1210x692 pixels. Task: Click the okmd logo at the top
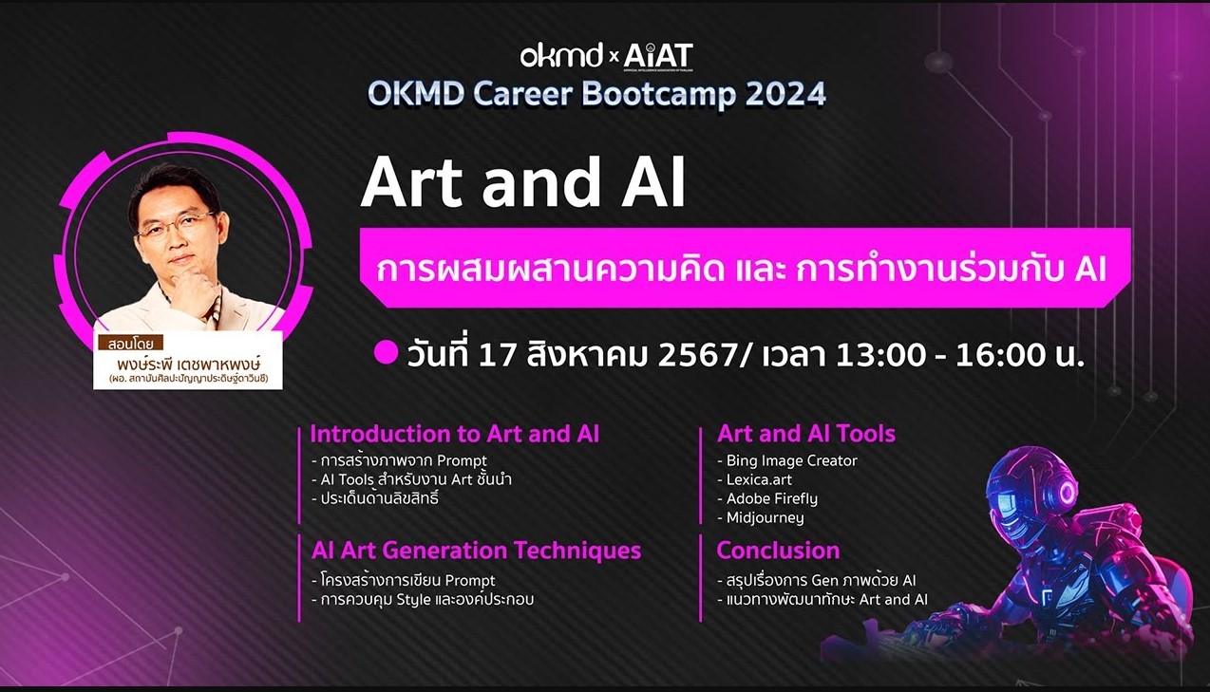pos(560,56)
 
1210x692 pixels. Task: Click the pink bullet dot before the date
pos(386,353)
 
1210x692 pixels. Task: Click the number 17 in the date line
pos(499,355)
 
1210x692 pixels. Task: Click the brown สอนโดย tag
pos(130,343)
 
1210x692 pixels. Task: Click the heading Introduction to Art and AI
pos(454,434)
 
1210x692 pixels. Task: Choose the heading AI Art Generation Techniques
pos(476,550)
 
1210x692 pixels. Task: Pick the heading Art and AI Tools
pos(806,434)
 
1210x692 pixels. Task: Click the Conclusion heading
pos(778,550)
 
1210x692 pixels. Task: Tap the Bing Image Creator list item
pos(790,460)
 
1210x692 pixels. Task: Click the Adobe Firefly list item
pos(771,498)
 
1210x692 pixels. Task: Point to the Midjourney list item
pos(765,517)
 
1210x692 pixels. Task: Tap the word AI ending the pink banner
pos(1090,270)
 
